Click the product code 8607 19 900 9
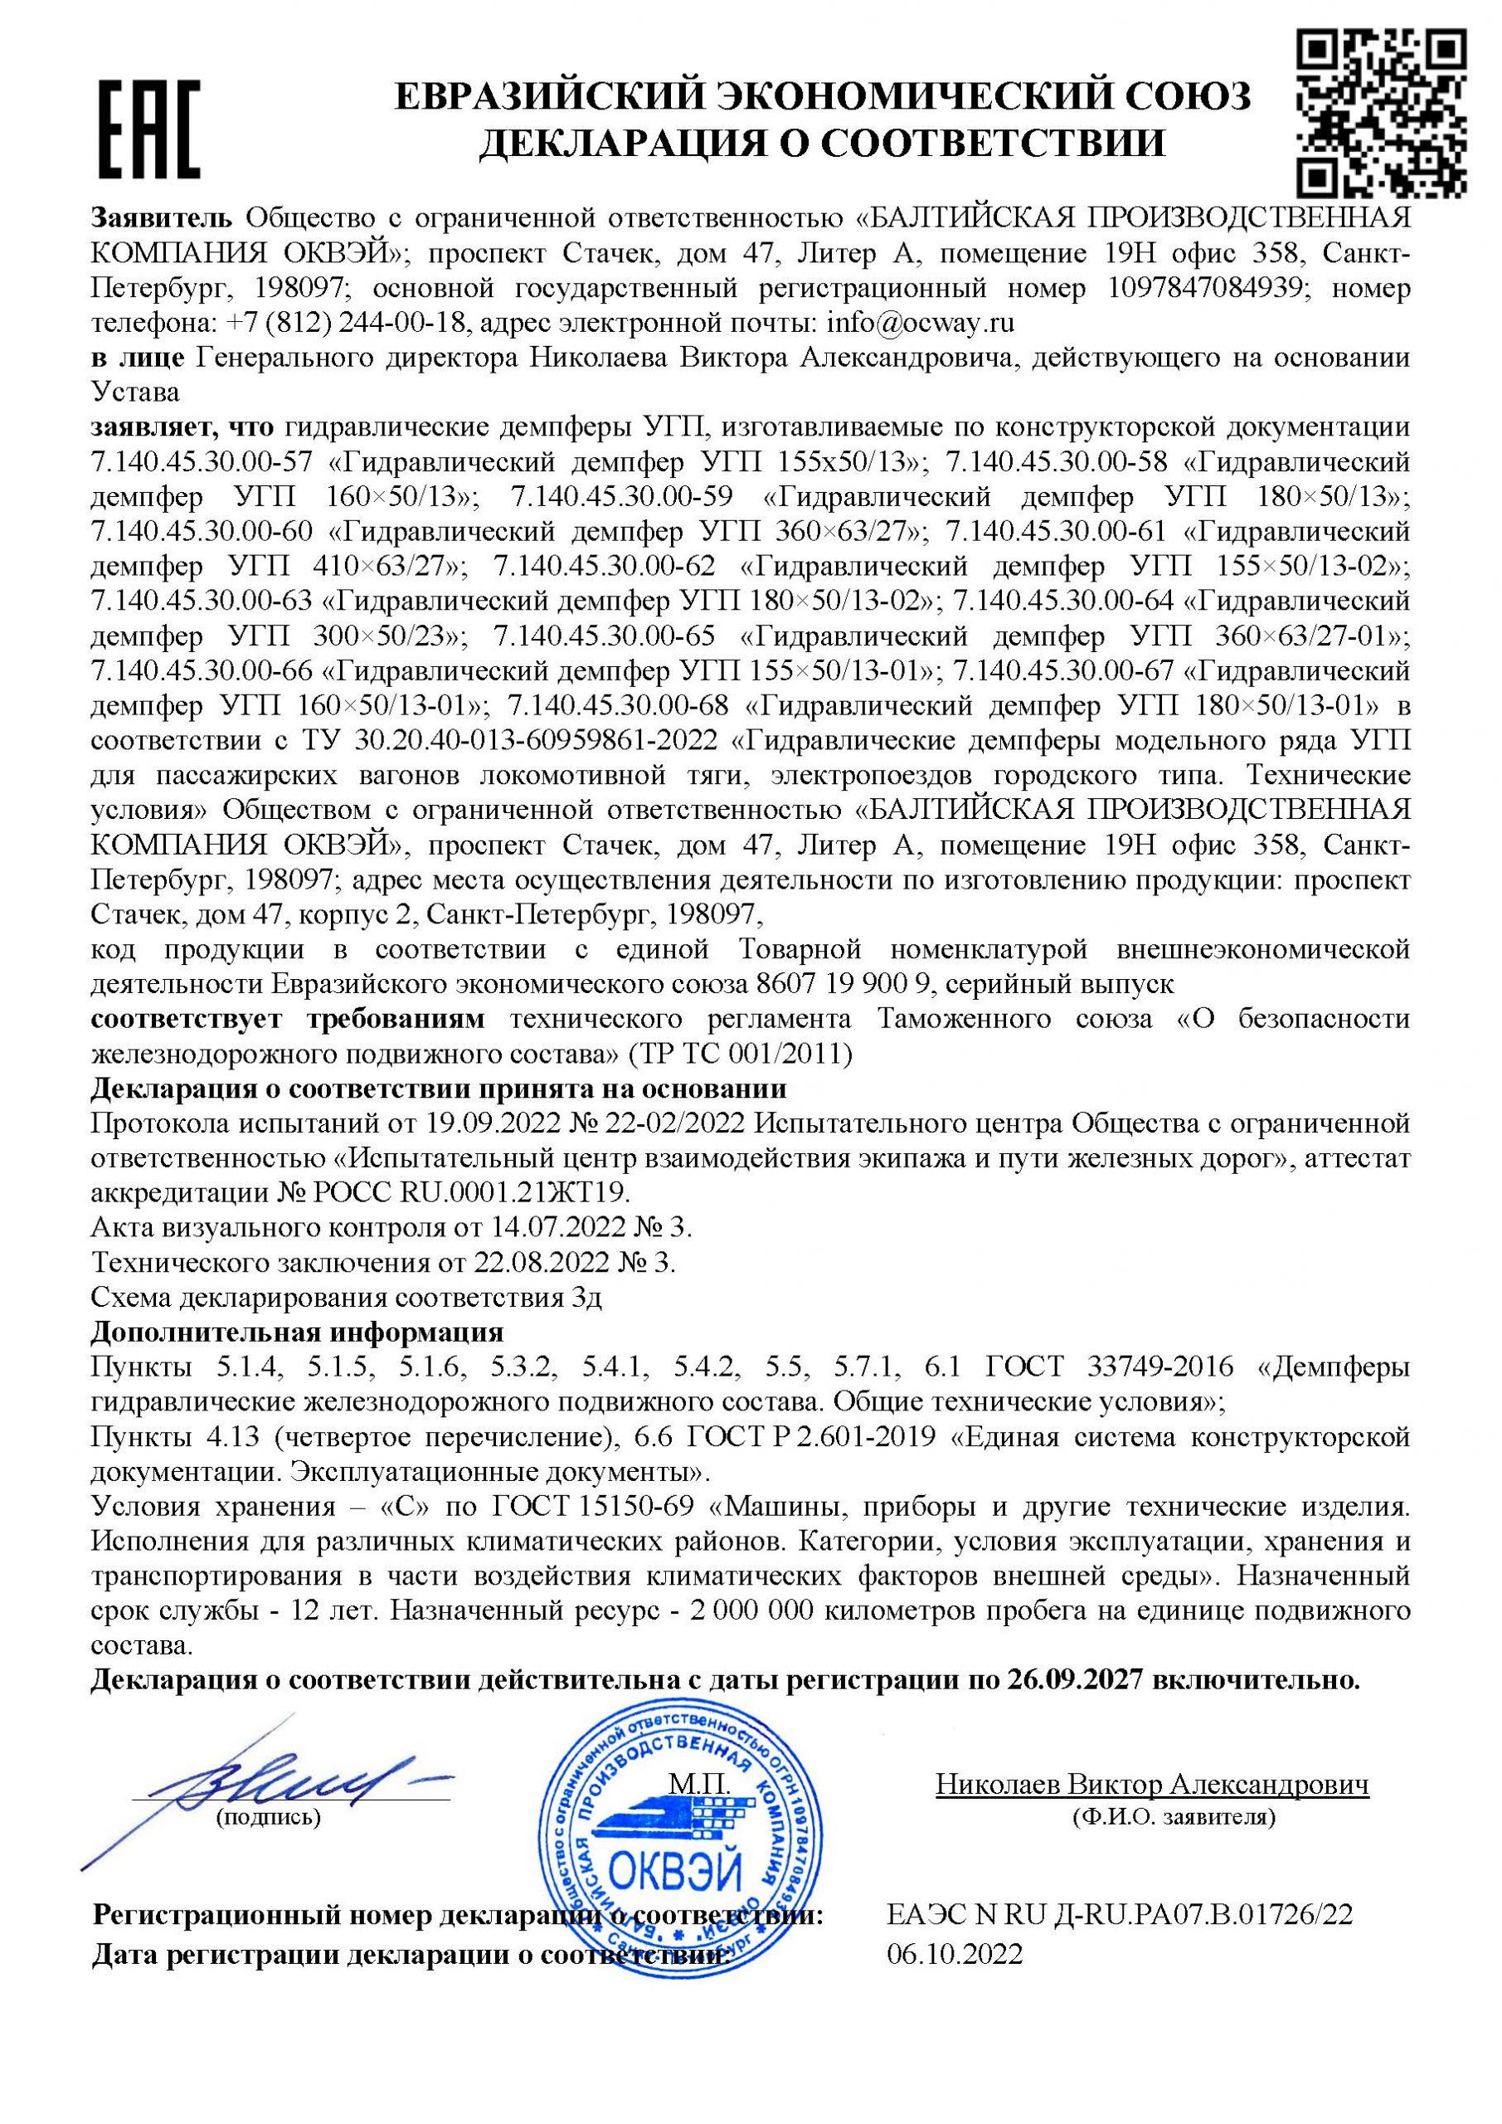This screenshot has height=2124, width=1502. point(841,982)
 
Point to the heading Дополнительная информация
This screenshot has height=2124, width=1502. point(297,1332)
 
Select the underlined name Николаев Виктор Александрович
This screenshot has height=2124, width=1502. point(1152,1785)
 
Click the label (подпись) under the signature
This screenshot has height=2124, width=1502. point(267,1816)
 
